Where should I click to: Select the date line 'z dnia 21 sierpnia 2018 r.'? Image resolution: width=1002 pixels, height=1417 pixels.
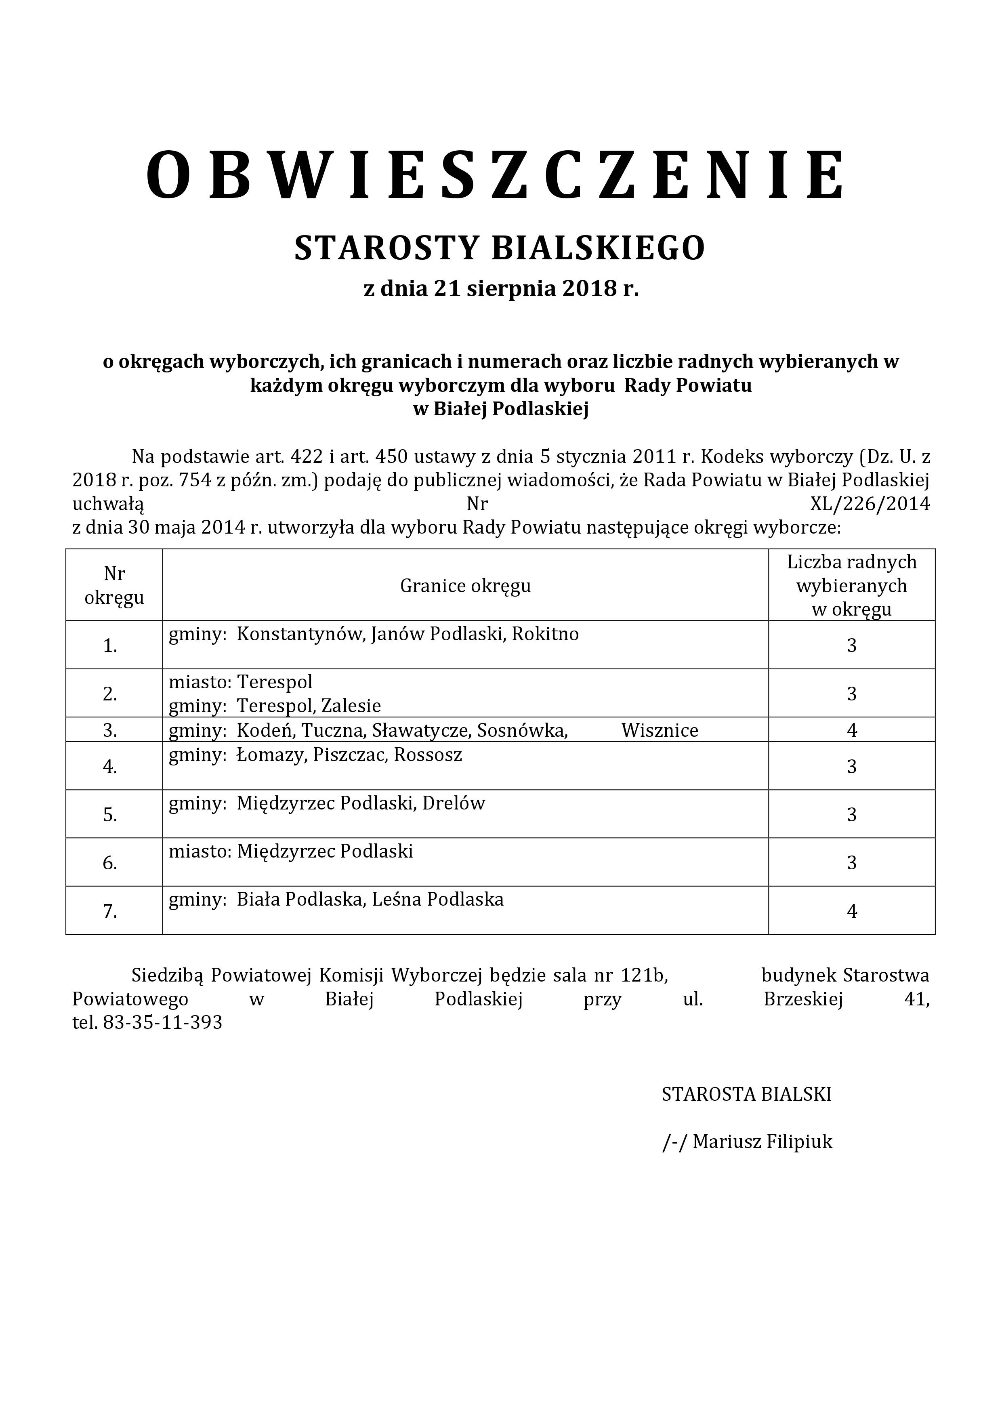501,289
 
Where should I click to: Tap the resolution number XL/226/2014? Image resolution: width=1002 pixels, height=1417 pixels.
870,504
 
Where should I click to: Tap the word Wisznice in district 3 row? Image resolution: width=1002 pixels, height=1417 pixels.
660,730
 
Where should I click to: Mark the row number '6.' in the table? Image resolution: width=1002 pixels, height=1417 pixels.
110,863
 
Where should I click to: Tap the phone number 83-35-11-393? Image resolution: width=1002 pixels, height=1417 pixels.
162,1023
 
